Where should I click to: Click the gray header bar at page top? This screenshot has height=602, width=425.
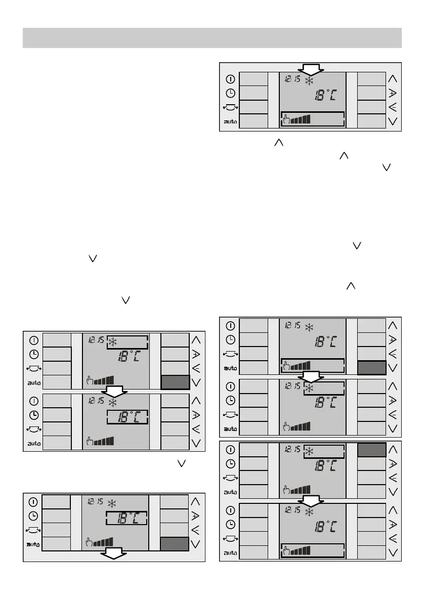(x=212, y=38)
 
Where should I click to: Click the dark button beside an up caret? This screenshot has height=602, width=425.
(x=371, y=450)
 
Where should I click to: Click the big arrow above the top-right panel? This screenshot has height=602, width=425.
(x=310, y=69)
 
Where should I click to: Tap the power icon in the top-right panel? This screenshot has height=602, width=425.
(x=230, y=79)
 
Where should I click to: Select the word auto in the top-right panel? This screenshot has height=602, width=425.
(x=230, y=122)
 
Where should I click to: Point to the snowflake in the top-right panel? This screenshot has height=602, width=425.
(x=309, y=80)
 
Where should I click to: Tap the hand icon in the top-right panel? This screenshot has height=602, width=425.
(x=286, y=119)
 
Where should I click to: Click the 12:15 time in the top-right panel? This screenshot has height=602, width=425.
(x=292, y=79)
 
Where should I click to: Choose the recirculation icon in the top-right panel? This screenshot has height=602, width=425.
(x=230, y=107)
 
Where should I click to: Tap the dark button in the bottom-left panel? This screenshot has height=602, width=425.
(x=175, y=544)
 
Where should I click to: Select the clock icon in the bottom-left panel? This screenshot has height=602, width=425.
(x=33, y=516)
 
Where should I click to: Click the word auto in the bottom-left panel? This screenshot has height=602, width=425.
(x=33, y=544)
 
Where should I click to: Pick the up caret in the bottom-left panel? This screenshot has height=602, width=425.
(x=196, y=502)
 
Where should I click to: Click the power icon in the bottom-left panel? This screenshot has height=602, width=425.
(x=33, y=502)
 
